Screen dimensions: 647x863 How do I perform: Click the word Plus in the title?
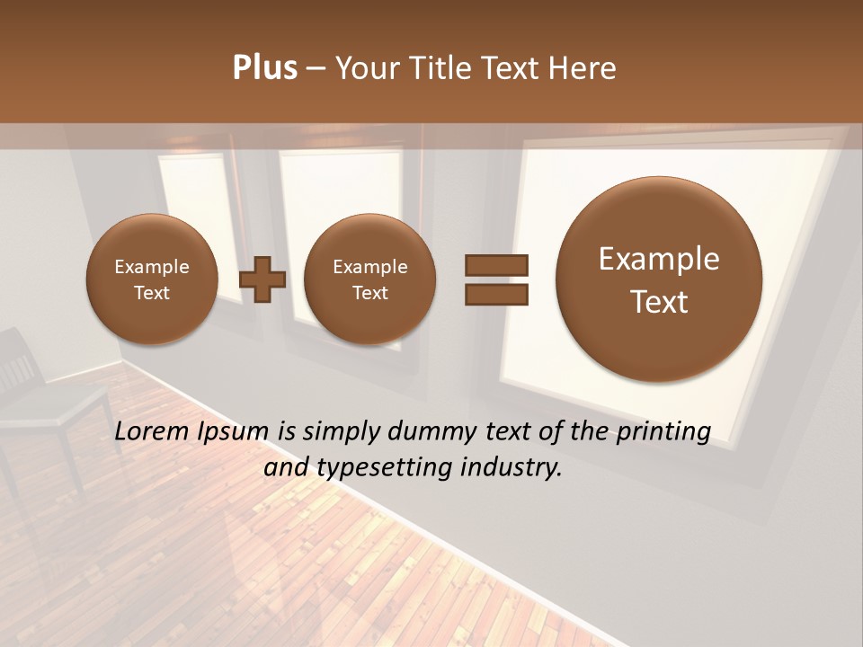(x=264, y=68)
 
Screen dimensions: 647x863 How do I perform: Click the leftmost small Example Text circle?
(x=151, y=279)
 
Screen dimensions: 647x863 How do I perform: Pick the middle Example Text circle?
(x=369, y=279)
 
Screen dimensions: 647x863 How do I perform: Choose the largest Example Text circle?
(x=659, y=279)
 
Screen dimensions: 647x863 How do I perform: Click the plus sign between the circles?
(x=262, y=279)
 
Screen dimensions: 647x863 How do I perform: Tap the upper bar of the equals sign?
(x=496, y=265)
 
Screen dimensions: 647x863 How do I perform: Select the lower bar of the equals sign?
(x=496, y=294)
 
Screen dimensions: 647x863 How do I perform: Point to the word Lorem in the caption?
(x=153, y=432)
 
